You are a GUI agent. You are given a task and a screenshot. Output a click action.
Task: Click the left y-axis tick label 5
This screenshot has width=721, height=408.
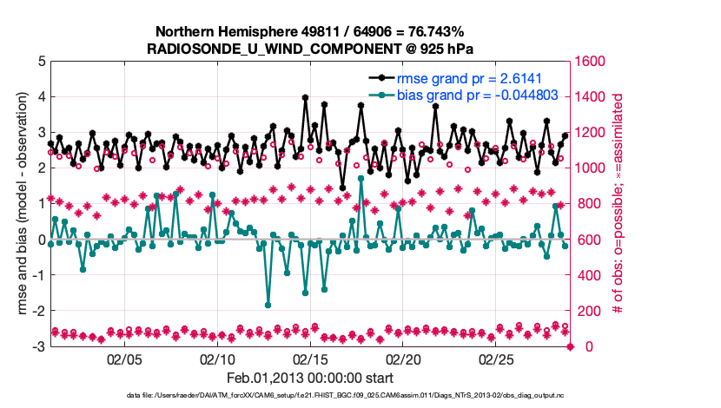41,62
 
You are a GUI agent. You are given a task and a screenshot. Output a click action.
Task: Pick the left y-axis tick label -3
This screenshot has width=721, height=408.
38,346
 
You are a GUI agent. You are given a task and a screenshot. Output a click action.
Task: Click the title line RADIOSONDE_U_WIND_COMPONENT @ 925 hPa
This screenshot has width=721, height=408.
310,48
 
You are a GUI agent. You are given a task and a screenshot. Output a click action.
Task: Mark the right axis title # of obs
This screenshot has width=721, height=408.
619,203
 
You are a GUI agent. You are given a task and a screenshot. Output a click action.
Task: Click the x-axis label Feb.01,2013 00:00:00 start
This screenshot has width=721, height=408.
310,378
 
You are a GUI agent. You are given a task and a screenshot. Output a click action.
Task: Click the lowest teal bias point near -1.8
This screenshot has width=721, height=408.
268,305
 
